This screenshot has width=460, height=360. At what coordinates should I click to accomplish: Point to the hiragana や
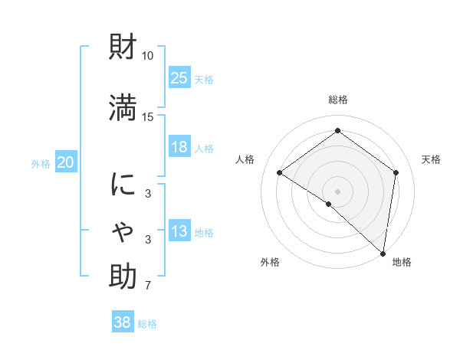123,230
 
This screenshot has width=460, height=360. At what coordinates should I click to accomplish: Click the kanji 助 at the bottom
123,277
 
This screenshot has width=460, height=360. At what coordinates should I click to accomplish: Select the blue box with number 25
179,77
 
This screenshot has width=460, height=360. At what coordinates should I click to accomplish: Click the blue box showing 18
179,147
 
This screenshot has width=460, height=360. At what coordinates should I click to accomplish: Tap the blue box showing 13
179,231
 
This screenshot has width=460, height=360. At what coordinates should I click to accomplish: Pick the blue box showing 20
66,162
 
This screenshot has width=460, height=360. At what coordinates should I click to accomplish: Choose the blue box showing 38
123,322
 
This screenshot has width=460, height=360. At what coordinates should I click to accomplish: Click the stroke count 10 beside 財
148,56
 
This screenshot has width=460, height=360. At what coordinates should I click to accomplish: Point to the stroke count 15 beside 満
148,116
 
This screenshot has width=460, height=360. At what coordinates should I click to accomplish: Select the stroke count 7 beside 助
148,286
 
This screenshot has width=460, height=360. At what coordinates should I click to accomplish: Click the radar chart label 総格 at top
337,100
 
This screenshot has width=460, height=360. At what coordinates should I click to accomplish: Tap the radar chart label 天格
431,159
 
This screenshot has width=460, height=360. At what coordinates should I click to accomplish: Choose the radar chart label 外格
270,262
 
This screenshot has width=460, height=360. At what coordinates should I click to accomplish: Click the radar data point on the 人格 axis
280,173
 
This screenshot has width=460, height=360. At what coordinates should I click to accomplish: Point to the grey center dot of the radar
337,191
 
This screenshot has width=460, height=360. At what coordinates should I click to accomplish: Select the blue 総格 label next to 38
147,324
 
